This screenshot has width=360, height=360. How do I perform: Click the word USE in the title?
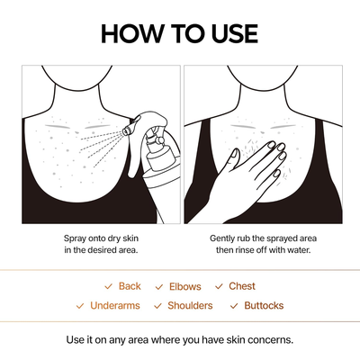[229, 34]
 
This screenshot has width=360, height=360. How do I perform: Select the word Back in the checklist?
[130, 286]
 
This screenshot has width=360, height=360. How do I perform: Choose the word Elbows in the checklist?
[184, 286]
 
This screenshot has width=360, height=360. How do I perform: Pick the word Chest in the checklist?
[242, 286]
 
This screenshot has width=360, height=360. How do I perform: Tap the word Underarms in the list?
[114, 306]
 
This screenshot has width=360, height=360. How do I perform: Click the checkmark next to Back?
[109, 286]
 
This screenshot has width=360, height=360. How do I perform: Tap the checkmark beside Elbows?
[159, 286]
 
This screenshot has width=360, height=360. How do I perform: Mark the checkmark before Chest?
[220, 286]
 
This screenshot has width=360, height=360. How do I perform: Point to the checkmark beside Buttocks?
[235, 306]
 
